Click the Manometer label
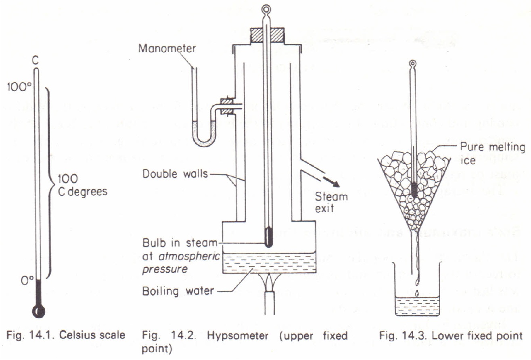pyautogui.click(x=167, y=49)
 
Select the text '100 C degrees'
pyautogui.click(x=82, y=185)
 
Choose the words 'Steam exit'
pyautogui.click(x=331, y=203)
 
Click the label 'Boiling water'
pyautogui.click(x=178, y=290)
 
